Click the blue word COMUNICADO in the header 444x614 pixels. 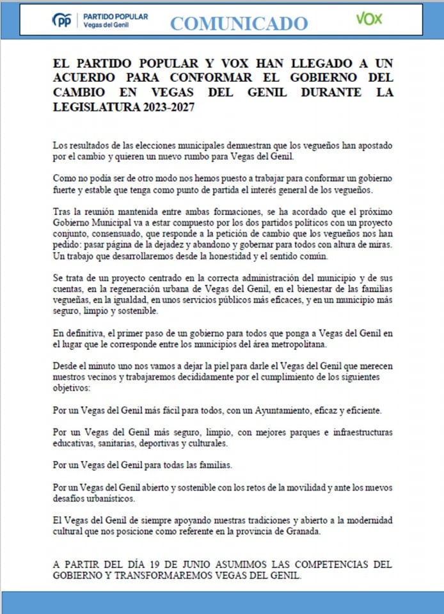tap(239, 24)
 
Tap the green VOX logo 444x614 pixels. tap(369, 19)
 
